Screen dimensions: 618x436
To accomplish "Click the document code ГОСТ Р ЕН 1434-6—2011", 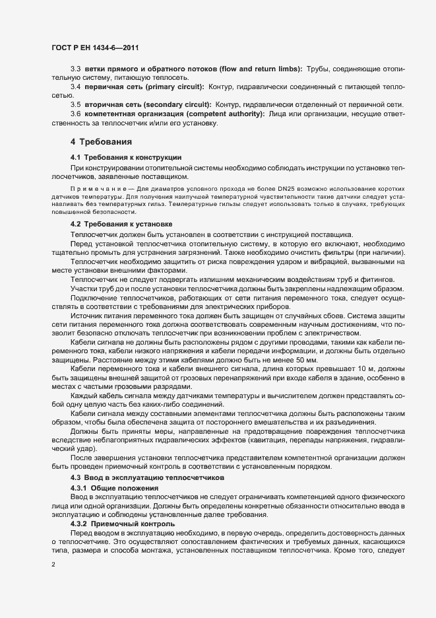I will [x=96, y=48].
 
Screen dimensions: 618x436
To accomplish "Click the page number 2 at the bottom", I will [x=53, y=565].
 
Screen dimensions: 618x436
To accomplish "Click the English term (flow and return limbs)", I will [x=253, y=69].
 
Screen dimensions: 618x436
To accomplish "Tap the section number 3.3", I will [x=75, y=69].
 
